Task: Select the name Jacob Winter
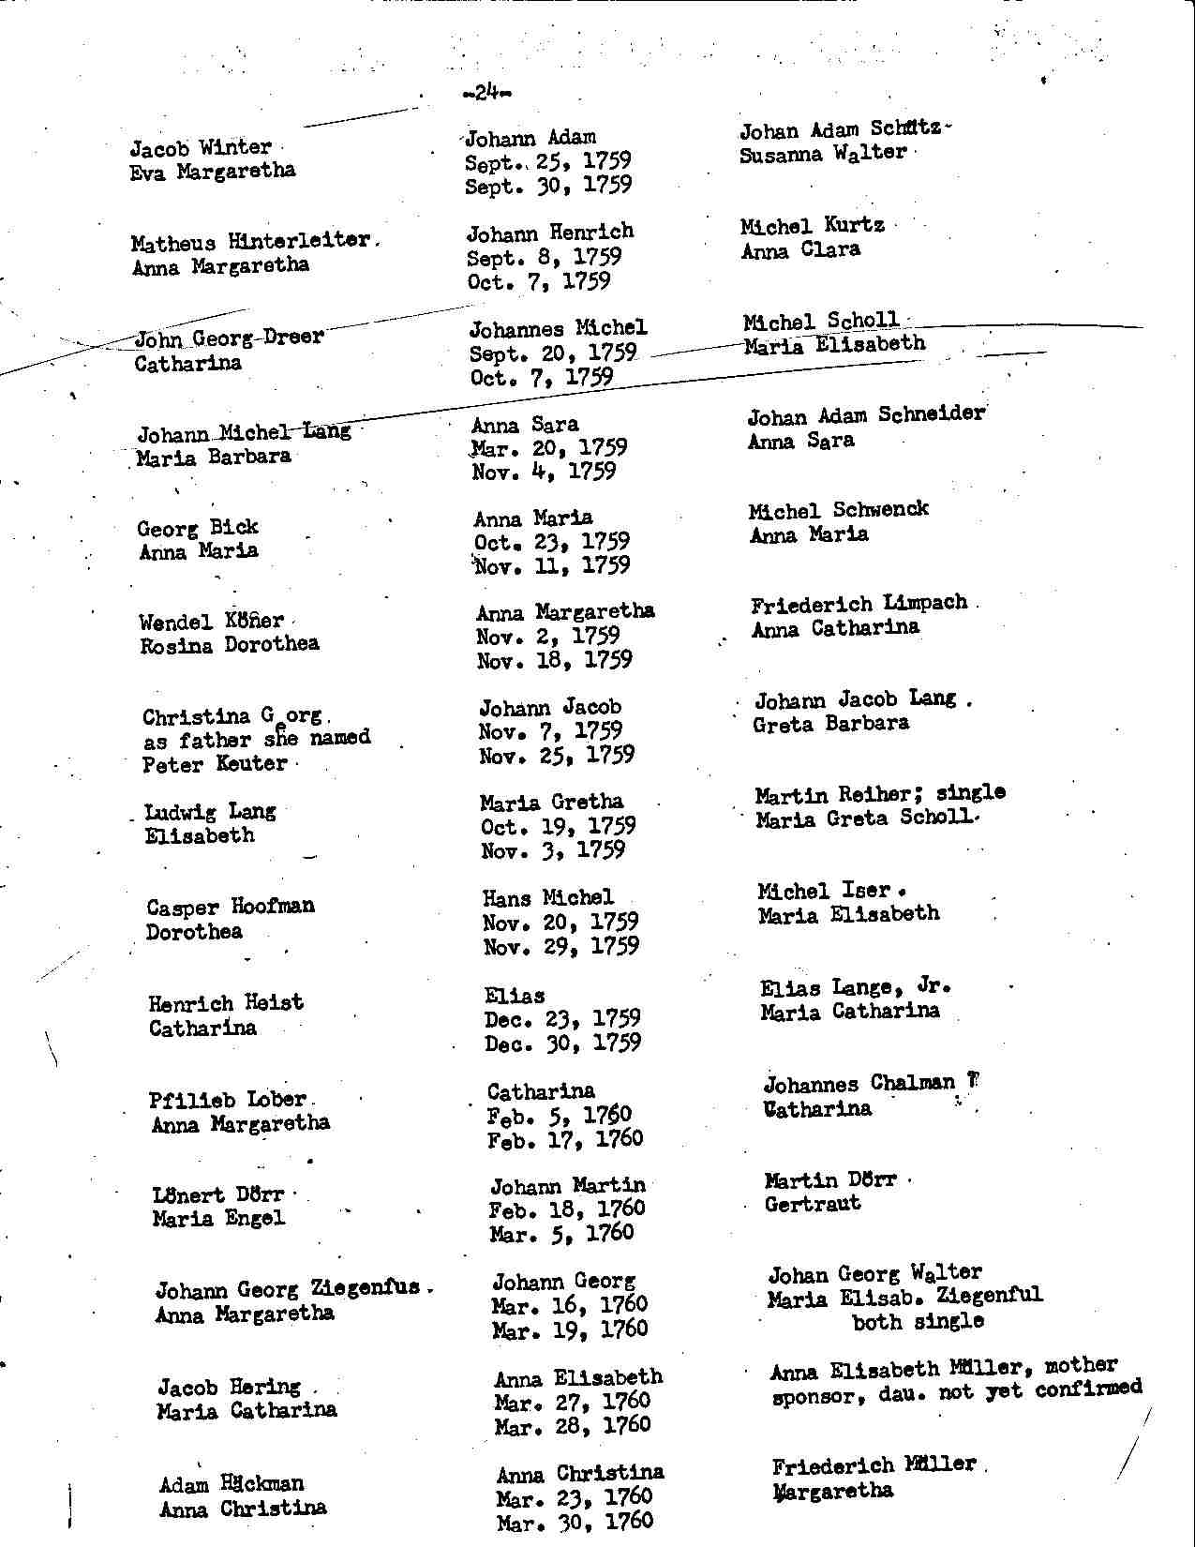(201, 148)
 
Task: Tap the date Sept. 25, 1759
(547, 161)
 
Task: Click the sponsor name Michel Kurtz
(812, 226)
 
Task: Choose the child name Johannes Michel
(558, 328)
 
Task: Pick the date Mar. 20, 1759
(549, 448)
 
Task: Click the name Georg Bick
(198, 527)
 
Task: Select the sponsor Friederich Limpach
(859, 604)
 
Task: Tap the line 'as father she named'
(256, 739)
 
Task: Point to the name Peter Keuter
(215, 763)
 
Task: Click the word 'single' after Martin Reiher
(970, 792)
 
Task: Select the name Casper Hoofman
(231, 907)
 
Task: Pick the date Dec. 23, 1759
(562, 1018)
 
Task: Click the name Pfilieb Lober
(228, 1099)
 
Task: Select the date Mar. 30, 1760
(574, 1522)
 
